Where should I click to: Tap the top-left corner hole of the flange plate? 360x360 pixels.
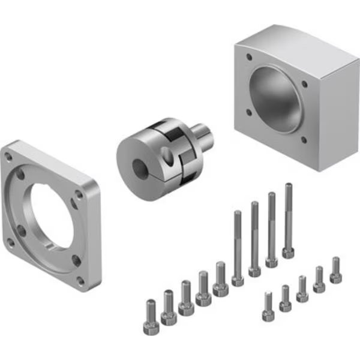click(x=8, y=157)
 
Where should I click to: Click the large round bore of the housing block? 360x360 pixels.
click(x=275, y=99)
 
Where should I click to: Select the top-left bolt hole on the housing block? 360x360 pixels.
click(x=249, y=57)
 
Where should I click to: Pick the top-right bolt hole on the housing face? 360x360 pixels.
click(x=305, y=84)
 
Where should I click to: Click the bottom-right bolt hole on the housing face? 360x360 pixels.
click(x=304, y=140)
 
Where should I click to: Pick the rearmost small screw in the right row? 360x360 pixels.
click(x=335, y=270)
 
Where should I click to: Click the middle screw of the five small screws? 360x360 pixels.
click(x=302, y=288)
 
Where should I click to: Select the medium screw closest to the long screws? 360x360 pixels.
click(x=221, y=278)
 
